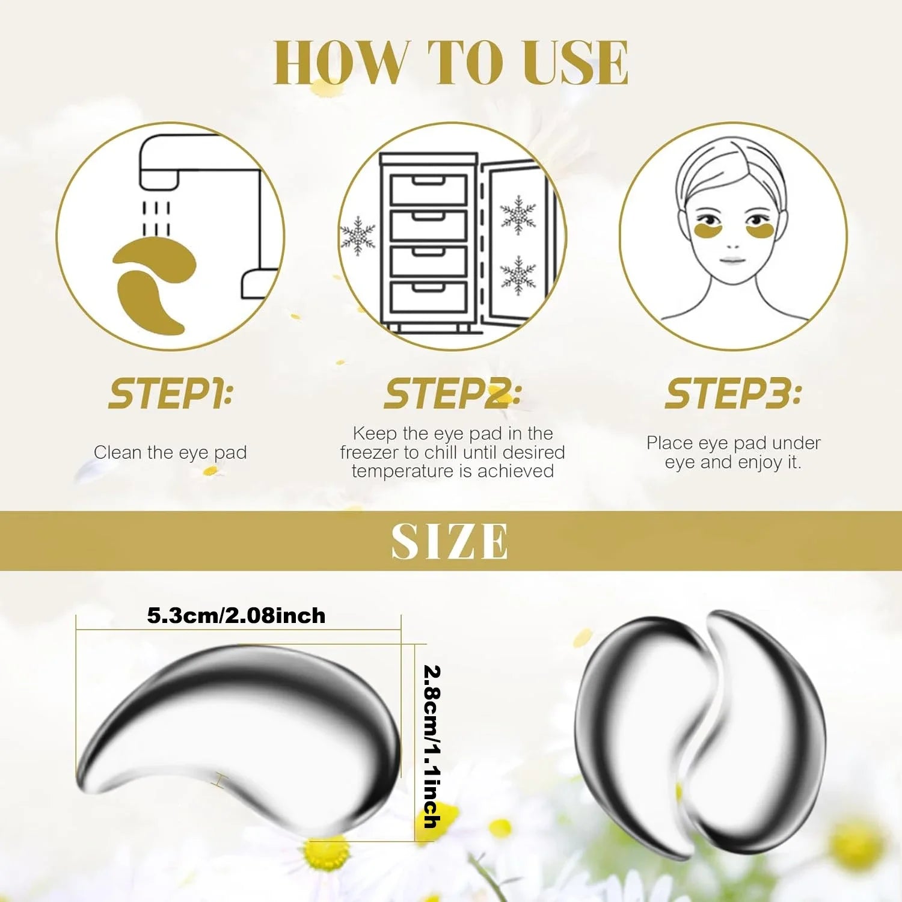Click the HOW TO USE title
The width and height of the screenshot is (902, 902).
pos(451,63)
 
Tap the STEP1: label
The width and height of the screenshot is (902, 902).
pos(171,394)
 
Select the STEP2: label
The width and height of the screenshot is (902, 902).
pos(452,394)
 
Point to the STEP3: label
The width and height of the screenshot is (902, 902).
pos(733,394)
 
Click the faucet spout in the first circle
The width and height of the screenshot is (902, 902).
pos(159,177)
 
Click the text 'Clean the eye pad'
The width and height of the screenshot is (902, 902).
pos(170,452)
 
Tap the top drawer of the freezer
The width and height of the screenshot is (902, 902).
pos(429,189)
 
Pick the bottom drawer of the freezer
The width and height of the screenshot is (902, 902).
pos(429,296)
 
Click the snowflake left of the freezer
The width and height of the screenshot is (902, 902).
pos(358,236)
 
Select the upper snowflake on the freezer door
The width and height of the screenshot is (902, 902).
pos(518,215)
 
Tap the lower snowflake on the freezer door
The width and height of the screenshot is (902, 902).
pos(518,275)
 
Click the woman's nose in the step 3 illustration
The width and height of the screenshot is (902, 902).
pos(732,244)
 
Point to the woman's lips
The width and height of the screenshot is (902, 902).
pos(732,260)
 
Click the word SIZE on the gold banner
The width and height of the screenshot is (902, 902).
pos(450,541)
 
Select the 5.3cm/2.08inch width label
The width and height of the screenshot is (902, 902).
pos(236,616)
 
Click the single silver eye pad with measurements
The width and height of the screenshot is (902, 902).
pos(241,737)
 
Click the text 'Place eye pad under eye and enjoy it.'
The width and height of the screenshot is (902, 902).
pos(733,452)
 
